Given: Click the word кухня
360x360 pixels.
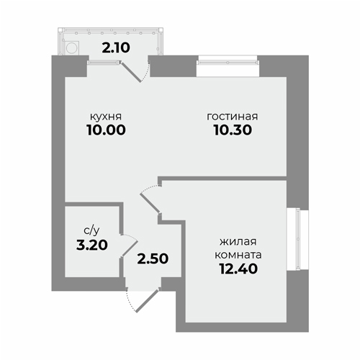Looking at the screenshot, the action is pos(106,117).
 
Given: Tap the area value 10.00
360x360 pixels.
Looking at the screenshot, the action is pos(107,130).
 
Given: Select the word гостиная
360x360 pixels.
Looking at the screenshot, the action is pos(233,117).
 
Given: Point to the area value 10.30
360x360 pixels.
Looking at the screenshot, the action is pos(233,130).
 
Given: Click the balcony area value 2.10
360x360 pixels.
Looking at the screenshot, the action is pos(116,48).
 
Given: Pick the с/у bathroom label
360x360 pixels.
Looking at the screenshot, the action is pos(91,230).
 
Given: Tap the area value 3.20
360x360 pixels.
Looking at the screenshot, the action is pos(92,245).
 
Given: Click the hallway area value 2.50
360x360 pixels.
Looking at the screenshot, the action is pos(153,258).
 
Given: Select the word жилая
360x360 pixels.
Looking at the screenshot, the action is pos(238,242).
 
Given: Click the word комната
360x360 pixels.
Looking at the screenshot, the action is pos(238,255).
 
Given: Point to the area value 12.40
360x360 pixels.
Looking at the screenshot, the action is pos(238,269).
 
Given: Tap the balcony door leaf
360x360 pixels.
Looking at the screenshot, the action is pos(131,72).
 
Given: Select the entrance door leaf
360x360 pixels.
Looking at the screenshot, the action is pos(147,301).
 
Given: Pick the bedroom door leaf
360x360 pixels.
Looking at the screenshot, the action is pos(150,203).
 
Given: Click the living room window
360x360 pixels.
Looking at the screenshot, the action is pos(228,63).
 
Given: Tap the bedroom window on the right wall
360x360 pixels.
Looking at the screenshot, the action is pos(298,239).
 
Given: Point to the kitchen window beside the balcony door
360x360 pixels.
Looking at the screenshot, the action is pos(103,63).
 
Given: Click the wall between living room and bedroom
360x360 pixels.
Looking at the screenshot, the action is pos(222,179).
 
